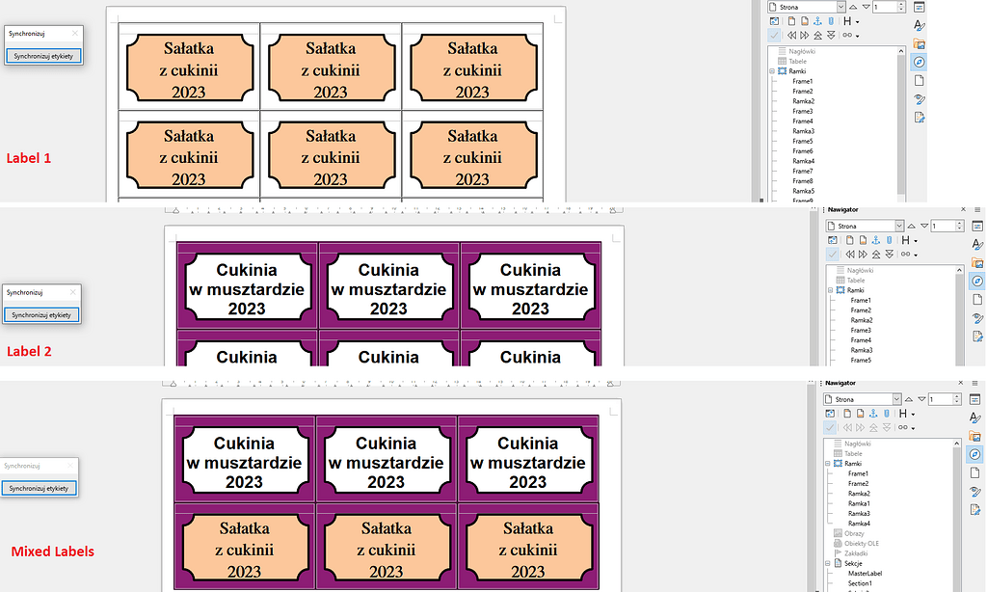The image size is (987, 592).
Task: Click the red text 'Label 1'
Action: point(29,157)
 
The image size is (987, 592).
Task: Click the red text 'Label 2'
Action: point(29,351)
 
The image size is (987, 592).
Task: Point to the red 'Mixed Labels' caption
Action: point(52,552)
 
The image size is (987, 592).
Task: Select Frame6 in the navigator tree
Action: point(802,151)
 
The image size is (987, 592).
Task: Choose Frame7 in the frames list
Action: point(802,172)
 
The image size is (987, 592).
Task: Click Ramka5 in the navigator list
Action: point(803,191)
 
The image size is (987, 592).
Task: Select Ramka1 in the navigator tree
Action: point(859,503)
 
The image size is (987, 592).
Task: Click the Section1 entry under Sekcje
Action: point(860,583)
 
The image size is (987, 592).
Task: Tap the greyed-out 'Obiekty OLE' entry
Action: point(862,544)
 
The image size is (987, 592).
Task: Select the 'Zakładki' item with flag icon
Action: point(857,553)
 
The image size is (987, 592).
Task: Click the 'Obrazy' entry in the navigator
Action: point(854,533)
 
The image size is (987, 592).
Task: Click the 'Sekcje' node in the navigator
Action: point(856,563)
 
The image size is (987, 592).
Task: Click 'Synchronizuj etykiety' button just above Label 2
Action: point(42,314)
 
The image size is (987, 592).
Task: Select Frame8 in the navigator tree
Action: point(802,181)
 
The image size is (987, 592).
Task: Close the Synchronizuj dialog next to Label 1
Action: point(75,33)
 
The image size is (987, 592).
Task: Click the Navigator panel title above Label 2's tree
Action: point(842,209)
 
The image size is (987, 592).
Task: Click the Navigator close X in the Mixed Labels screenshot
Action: point(960,383)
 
